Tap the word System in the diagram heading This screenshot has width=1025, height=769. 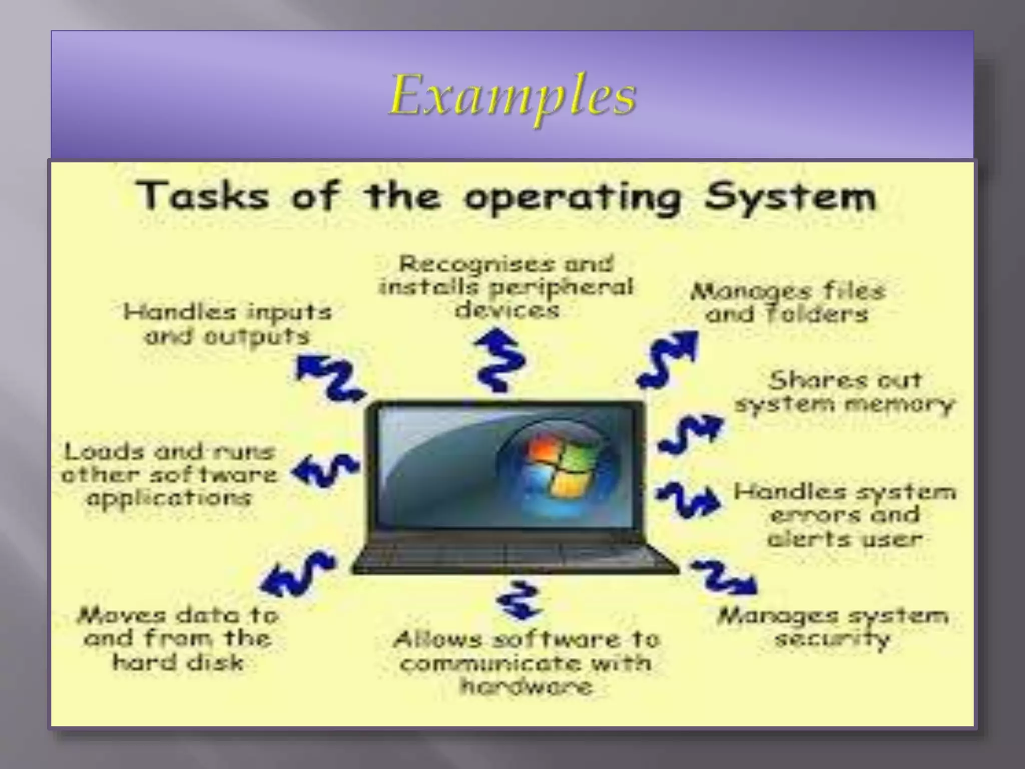tap(790, 197)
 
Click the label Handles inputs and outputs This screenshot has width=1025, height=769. tap(227, 324)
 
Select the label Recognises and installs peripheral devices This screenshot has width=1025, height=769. tap(506, 287)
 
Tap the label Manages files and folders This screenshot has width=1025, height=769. tap(787, 303)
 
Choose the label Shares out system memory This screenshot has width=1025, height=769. tap(844, 392)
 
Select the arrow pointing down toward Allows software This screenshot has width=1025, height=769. tap(519, 600)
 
